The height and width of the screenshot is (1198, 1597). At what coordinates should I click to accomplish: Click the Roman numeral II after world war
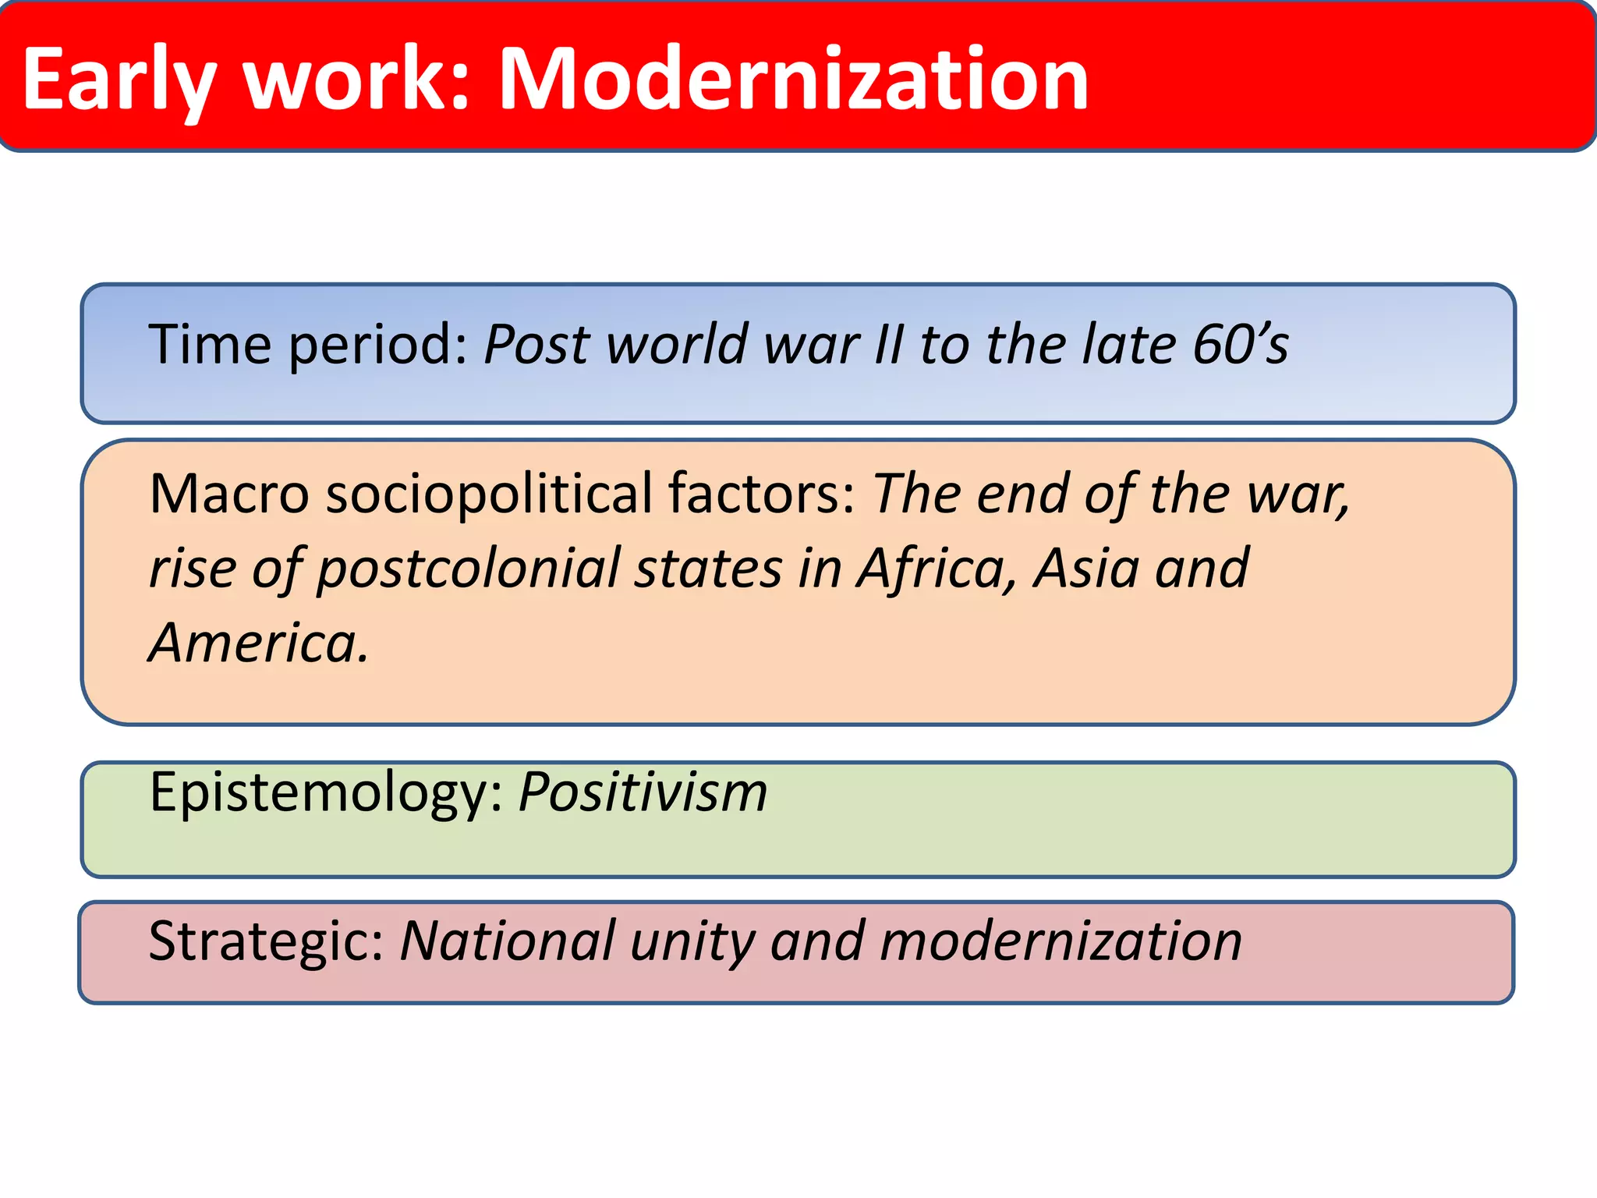(x=888, y=344)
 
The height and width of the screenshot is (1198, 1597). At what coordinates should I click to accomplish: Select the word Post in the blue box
(x=536, y=344)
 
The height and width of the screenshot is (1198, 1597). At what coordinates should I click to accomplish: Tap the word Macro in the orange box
(x=229, y=494)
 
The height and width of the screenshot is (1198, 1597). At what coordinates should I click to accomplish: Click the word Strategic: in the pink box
(x=266, y=941)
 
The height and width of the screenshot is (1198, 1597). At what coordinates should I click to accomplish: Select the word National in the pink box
(x=507, y=941)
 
